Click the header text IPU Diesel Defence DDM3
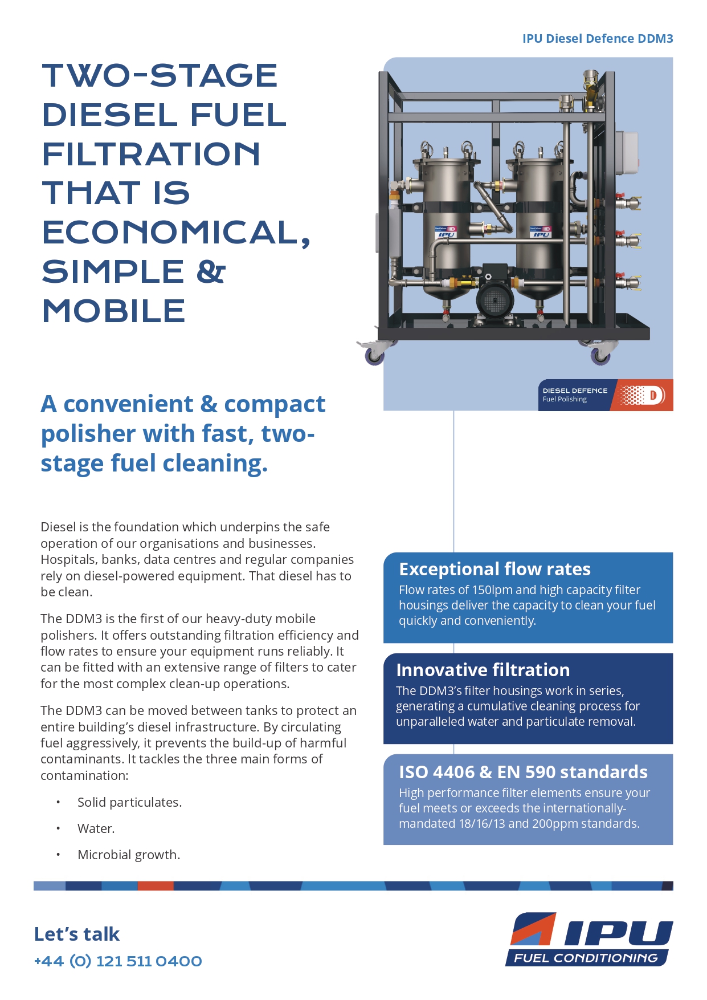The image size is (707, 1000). (x=597, y=39)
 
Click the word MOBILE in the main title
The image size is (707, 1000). (x=114, y=311)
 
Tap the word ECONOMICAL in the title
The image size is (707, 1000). (x=171, y=233)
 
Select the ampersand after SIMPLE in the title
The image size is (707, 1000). (x=211, y=271)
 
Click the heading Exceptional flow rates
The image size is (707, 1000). (x=495, y=569)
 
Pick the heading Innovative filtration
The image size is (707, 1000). (x=483, y=670)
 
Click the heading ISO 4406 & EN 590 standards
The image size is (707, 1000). (x=523, y=772)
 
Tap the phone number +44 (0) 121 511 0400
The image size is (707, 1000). (x=118, y=961)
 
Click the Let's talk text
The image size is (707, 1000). (x=77, y=934)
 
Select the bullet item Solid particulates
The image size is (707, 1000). (x=129, y=802)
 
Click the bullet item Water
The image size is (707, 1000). (x=96, y=828)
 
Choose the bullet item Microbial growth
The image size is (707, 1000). (x=129, y=855)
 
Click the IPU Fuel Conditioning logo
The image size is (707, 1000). (x=589, y=940)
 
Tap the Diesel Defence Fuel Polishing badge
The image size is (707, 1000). (x=605, y=395)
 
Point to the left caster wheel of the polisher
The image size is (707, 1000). (x=374, y=356)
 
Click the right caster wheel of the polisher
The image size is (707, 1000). (x=600, y=356)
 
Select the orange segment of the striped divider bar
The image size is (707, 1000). (x=156, y=885)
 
